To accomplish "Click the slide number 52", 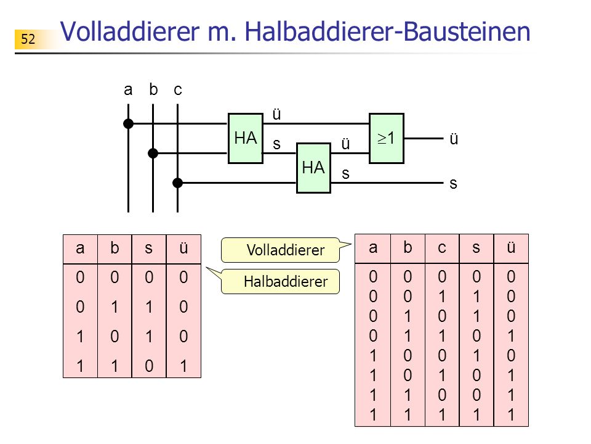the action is [x=28, y=39].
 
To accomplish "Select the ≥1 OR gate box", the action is [x=387, y=138].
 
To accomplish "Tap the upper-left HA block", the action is [x=246, y=138].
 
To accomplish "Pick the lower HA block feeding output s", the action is [x=313, y=168].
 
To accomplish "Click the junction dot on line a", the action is [x=128, y=123].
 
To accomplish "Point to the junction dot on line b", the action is [x=153, y=154].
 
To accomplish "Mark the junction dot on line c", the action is [x=177, y=183].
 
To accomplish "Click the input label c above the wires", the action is [x=178, y=91].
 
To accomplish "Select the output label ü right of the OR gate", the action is [x=454, y=139].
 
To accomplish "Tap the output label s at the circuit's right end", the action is [x=454, y=184].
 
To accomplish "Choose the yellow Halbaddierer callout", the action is [x=280, y=281].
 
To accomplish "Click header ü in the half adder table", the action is [x=183, y=248].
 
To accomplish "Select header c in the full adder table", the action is [x=442, y=248].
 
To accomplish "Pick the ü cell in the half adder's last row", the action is [x=183, y=366].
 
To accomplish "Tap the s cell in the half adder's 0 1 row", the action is [x=149, y=307].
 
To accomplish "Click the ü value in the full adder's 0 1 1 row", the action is [x=511, y=336].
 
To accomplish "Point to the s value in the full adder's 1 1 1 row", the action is [x=476, y=415].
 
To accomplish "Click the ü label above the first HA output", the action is [x=276, y=114].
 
